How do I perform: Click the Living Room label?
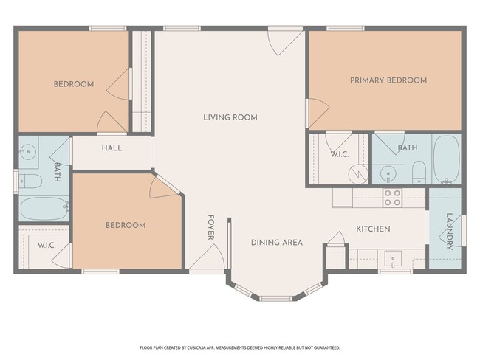230,117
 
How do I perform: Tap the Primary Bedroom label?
388,80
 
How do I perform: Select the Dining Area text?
277,243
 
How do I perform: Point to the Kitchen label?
373,229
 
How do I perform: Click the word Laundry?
450,232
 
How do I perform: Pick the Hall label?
112,148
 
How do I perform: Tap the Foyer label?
211,227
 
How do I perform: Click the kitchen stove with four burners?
392,198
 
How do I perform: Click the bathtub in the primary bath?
447,159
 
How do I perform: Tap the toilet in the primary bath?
419,173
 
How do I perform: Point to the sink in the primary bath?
388,174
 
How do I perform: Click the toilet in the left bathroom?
30,181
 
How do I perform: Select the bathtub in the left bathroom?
44,209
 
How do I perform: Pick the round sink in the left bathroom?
28,152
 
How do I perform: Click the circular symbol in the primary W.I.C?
358,174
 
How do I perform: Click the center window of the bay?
276,298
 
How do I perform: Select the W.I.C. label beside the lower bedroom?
47,246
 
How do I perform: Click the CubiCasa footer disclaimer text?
240,347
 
